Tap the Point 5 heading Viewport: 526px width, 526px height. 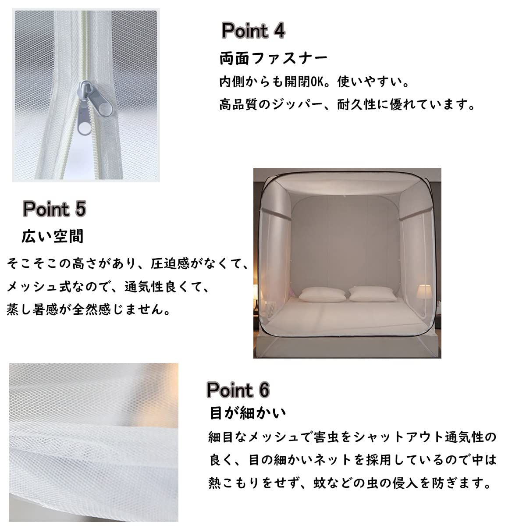(x=54, y=209)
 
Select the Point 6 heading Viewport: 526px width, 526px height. (x=238, y=390)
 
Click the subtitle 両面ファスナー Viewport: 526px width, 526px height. (x=273, y=58)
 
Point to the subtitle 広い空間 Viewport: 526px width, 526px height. (x=53, y=236)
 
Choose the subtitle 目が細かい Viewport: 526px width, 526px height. (x=248, y=413)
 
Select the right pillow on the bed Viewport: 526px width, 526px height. (x=372, y=294)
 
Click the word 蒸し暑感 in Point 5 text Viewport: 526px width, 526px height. (x=33, y=309)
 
